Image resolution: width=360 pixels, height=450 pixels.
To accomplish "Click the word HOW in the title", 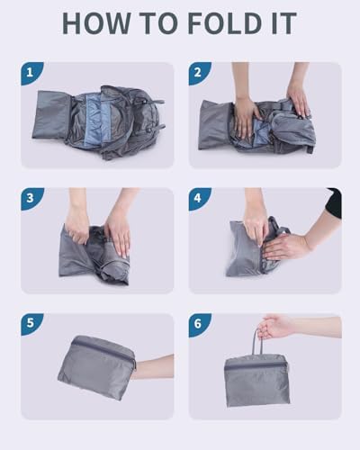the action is (x=96, y=23).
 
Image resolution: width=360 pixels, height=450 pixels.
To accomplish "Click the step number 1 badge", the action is (x=30, y=73).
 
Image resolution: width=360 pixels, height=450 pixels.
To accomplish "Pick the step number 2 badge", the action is (x=198, y=73).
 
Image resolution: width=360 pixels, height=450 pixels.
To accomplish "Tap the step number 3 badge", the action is (x=30, y=198).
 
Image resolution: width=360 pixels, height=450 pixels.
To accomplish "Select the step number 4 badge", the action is (x=198, y=198).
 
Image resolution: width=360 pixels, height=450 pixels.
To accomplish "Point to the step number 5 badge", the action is (x=30, y=324).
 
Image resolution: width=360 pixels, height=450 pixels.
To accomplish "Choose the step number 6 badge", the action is (x=198, y=324).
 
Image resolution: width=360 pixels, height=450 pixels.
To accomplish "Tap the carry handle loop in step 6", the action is (x=258, y=345).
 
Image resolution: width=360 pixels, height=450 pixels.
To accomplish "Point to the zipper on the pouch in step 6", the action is (x=256, y=364).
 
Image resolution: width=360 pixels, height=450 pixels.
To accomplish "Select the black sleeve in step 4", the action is (x=334, y=202).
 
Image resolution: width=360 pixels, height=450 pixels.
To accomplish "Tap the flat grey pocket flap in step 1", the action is (x=51, y=115).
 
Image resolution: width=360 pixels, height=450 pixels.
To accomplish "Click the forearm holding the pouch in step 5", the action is (x=153, y=366).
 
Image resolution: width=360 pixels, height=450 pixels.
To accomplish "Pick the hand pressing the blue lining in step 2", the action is (x=246, y=114).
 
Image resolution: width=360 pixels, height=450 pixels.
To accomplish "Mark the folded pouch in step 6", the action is (x=257, y=380).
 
